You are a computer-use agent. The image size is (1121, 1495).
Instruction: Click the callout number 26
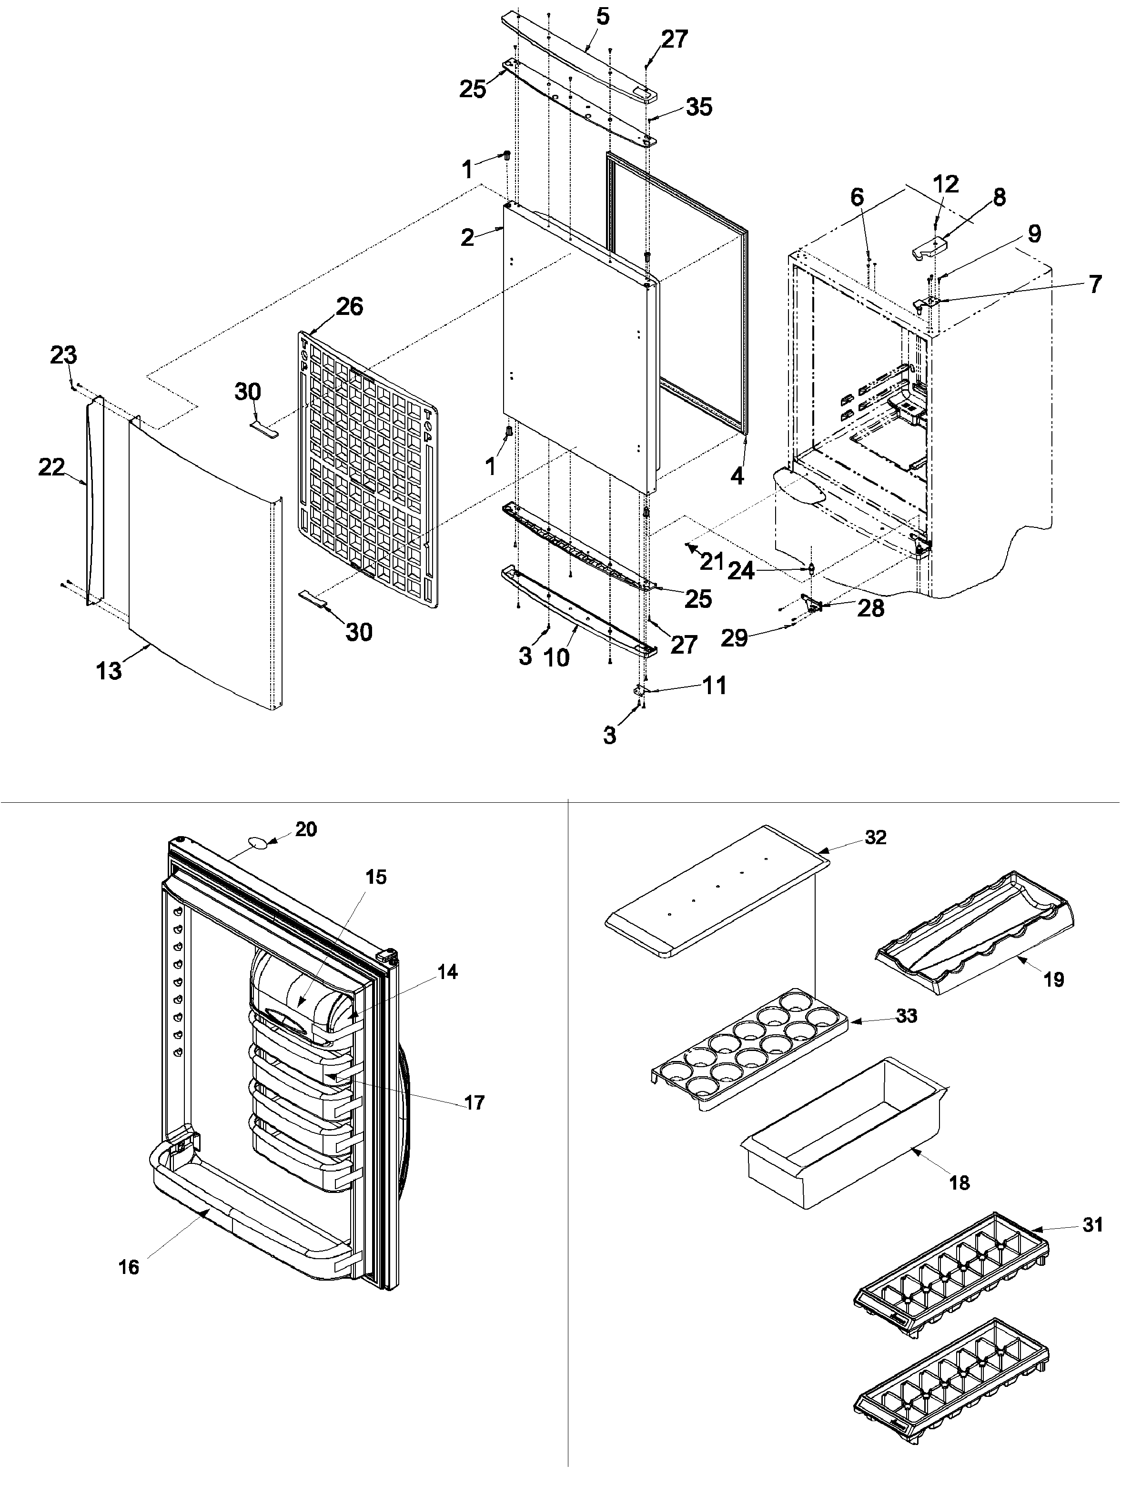349,306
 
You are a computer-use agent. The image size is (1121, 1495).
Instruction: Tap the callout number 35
699,107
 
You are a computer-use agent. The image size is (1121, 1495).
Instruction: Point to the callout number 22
51,467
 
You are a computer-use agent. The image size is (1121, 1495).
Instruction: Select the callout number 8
999,197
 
